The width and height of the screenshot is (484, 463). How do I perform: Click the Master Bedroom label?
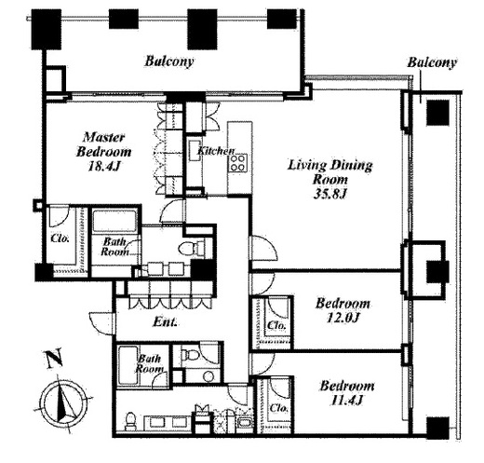point(103,152)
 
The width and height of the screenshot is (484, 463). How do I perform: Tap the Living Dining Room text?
point(330,180)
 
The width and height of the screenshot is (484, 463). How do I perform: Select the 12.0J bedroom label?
point(343,310)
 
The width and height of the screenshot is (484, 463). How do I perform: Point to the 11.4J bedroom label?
point(347,393)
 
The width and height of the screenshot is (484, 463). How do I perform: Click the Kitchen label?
point(216,151)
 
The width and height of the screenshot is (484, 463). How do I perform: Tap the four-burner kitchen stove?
point(238,163)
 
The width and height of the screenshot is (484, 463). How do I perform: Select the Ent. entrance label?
point(165,322)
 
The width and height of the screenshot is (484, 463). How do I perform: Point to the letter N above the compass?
point(54,359)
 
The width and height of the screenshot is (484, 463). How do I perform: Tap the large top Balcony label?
point(169,61)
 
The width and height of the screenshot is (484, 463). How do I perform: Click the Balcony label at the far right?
point(432,62)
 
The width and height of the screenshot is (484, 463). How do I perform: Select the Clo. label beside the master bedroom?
point(60,238)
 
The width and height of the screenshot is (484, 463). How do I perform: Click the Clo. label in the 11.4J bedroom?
point(279,407)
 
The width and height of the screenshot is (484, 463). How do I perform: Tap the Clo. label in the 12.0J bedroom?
point(276,325)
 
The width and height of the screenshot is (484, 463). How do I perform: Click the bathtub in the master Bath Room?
point(115,221)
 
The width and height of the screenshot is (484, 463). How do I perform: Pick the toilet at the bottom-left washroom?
point(130,420)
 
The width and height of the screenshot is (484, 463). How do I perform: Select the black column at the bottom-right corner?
point(437,429)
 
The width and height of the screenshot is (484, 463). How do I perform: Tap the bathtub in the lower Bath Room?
point(128,366)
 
